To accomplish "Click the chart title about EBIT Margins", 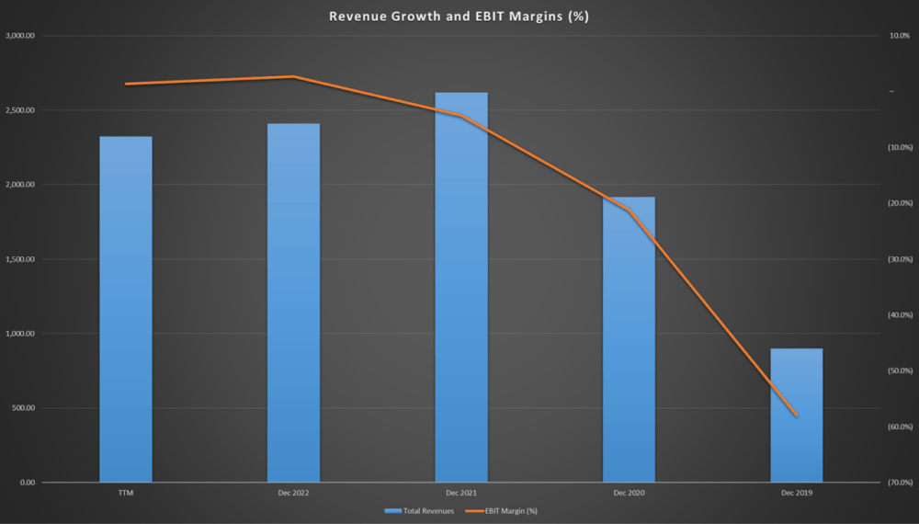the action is pyautogui.click(x=459, y=16).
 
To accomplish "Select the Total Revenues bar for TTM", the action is pyautogui.click(x=126, y=310).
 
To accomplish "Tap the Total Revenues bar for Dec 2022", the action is pyautogui.click(x=294, y=303).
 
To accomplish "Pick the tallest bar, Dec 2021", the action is pyautogui.click(x=461, y=287).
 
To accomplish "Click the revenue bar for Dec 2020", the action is pyautogui.click(x=629, y=340).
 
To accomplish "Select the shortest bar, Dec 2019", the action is pyautogui.click(x=797, y=416).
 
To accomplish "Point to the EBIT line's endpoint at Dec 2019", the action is pyautogui.click(x=797, y=416).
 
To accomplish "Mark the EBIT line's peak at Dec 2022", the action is pyautogui.click(x=294, y=77).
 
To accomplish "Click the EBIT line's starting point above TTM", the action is pyautogui.click(x=126, y=84).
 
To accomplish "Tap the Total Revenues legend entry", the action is pyautogui.click(x=419, y=511).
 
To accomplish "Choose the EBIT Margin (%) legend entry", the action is pyautogui.click(x=502, y=511).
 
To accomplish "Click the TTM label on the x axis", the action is pyautogui.click(x=126, y=493).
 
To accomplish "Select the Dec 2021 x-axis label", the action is pyautogui.click(x=461, y=493).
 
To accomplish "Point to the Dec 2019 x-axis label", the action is pyautogui.click(x=797, y=493).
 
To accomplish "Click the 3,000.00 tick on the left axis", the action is pyautogui.click(x=20, y=36).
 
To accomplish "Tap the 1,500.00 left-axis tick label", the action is pyautogui.click(x=20, y=259).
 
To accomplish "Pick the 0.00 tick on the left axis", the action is pyautogui.click(x=28, y=483).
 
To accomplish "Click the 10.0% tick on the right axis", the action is pyautogui.click(x=900, y=36).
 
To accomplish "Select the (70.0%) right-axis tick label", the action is pyautogui.click(x=901, y=483).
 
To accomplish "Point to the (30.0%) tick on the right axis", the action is pyautogui.click(x=901, y=259).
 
